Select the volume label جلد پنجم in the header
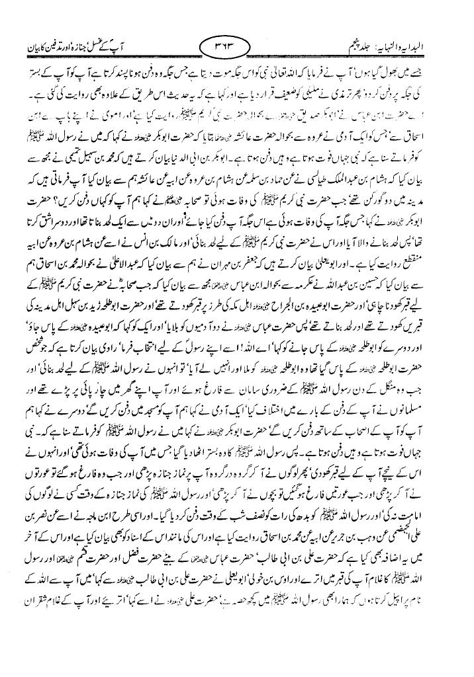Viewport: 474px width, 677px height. pos(360,46)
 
